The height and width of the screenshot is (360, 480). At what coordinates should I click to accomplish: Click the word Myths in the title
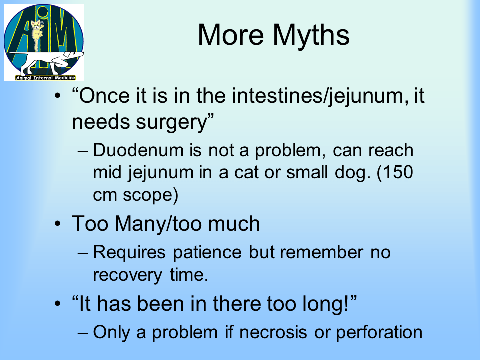[x=311, y=36]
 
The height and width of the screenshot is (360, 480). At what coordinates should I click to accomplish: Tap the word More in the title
[x=231, y=35]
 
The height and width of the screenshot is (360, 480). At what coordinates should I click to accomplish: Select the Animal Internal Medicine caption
[x=45, y=78]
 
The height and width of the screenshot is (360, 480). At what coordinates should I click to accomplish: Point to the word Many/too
[x=158, y=223]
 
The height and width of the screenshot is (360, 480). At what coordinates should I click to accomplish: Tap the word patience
[x=207, y=253]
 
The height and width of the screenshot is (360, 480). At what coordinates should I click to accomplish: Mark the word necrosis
[x=273, y=333]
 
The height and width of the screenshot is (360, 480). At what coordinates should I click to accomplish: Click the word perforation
[x=379, y=333]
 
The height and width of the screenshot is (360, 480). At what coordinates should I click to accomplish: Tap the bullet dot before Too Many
[x=58, y=224]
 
